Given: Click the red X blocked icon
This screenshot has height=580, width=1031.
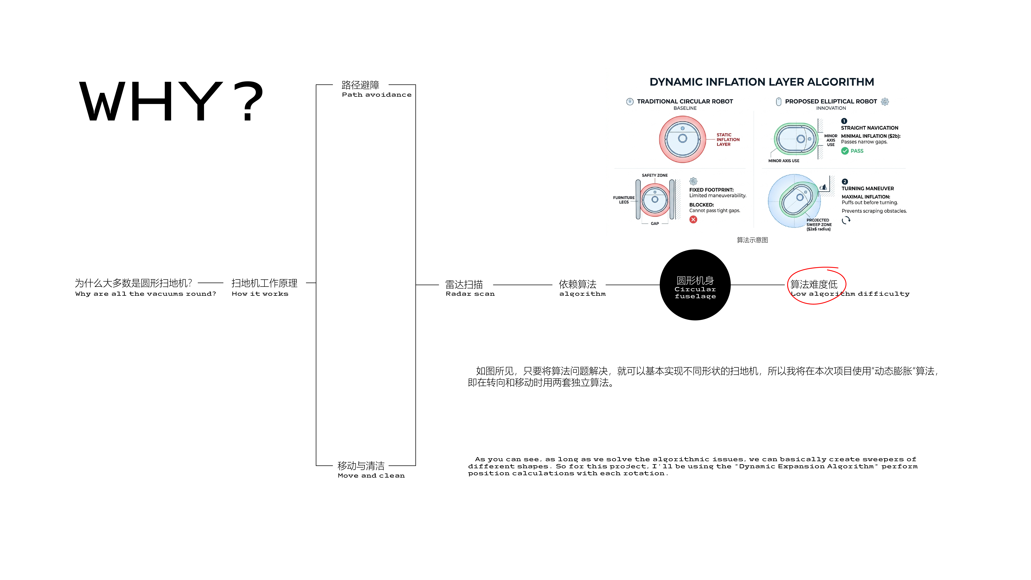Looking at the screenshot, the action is coord(693,219).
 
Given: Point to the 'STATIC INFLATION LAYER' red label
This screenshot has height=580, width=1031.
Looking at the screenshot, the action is coord(728,140).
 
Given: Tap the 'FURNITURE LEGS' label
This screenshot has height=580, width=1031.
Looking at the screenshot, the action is coord(624,200).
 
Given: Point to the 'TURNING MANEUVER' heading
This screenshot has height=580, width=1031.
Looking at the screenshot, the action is coord(867,189).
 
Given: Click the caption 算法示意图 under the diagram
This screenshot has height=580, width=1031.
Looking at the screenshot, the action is coord(752,240).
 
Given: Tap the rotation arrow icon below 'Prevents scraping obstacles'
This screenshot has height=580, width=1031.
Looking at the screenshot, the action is coord(846,220).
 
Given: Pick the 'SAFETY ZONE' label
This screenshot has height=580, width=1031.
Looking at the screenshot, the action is coord(654,175).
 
